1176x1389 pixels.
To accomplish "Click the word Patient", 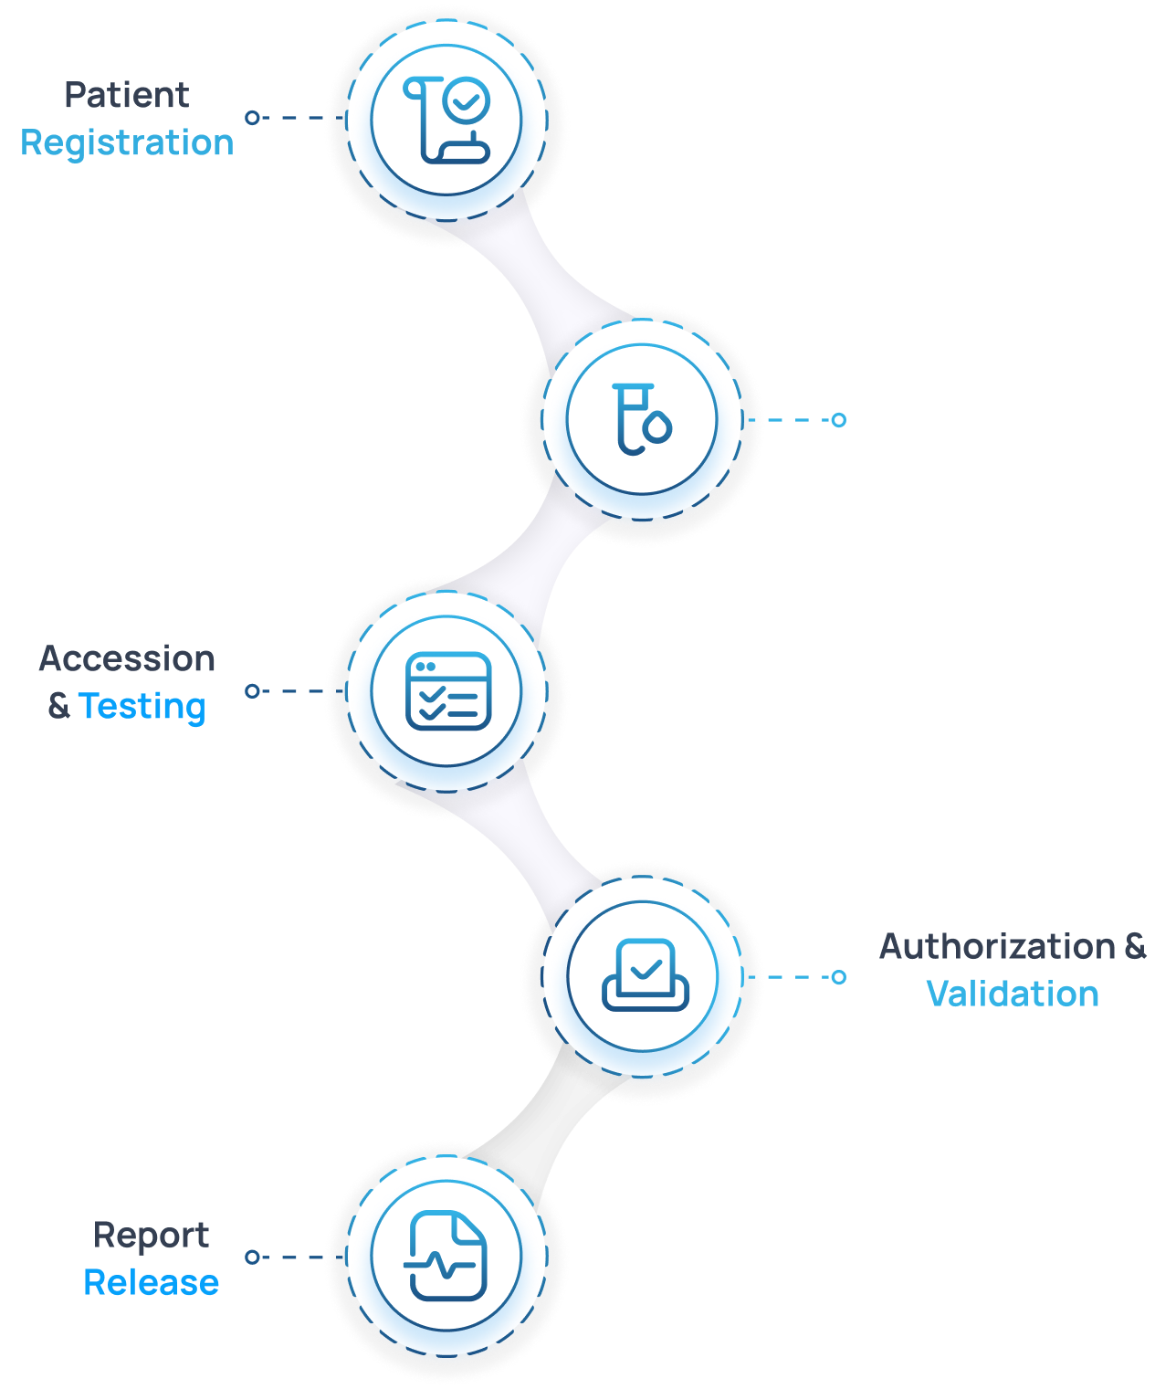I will [127, 95].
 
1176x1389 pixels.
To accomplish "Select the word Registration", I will [127, 143].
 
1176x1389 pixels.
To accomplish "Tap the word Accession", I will [127, 658].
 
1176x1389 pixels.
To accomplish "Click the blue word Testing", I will [142, 707].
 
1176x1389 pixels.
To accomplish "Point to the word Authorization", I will [997, 946].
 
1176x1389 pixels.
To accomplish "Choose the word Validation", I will [1013, 994].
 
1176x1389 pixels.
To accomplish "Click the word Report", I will [152, 1236].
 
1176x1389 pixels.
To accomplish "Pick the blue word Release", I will [152, 1283].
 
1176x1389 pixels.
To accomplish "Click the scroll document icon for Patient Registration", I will [446, 120].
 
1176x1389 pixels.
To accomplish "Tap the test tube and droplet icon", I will [642, 420].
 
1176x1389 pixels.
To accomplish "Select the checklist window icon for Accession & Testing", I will [447, 691].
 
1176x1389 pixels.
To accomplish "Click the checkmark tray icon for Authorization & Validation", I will [645, 975].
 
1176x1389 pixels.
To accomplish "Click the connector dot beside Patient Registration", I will [252, 118].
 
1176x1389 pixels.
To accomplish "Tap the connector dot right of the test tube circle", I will [838, 420].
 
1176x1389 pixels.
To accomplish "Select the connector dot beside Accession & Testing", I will [252, 691].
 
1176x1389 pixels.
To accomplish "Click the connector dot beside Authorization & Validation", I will [838, 977].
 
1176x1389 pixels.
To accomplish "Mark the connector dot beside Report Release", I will [252, 1257].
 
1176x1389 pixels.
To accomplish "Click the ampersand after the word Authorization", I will [1135, 946].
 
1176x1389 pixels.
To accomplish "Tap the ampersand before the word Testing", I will [58, 707].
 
